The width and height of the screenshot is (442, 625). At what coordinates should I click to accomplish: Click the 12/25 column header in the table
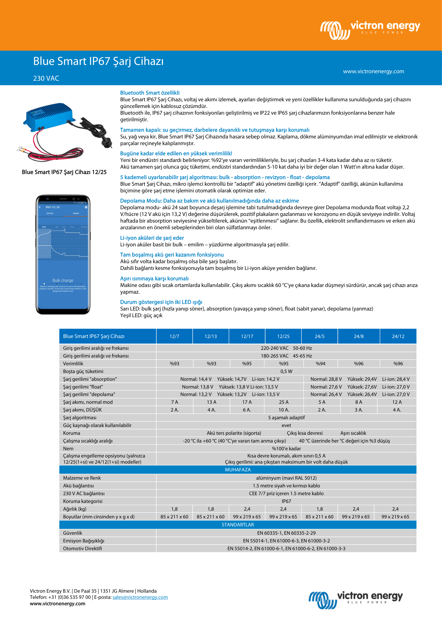pyautogui.click(x=283, y=336)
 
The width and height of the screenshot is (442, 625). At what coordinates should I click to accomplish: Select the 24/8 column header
pyautogui.click(x=358, y=336)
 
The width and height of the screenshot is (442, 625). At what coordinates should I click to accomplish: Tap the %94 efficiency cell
pyautogui.click(x=320, y=363)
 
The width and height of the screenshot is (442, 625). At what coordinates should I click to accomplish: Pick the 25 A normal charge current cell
pyautogui.click(x=283, y=402)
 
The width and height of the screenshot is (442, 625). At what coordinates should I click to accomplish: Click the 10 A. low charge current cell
pyautogui.click(x=283, y=410)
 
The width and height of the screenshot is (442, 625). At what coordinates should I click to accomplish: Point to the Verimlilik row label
pyautogui.click(x=73, y=363)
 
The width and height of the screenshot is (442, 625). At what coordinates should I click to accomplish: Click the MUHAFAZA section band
pyautogui.click(x=238, y=469)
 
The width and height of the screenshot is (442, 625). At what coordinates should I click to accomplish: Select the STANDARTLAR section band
pyautogui.click(x=238, y=525)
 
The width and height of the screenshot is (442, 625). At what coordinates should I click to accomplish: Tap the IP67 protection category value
pyautogui.click(x=286, y=501)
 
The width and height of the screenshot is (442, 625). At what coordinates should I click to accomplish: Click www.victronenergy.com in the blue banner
pyautogui.click(x=373, y=71)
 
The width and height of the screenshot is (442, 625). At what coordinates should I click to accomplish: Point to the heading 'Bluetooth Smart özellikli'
pyautogui.click(x=150, y=93)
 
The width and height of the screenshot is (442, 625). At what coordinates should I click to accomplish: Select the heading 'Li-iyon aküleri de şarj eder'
pyautogui.click(x=152, y=238)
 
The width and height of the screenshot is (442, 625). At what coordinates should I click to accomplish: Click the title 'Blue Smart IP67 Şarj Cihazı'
pyautogui.click(x=98, y=61)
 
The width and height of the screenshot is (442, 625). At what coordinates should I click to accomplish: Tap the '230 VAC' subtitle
pyautogui.click(x=46, y=78)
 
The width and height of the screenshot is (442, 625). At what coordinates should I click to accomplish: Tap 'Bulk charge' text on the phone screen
pyautogui.click(x=63, y=280)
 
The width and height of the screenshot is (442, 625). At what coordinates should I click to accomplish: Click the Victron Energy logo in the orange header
pyautogui.click(x=370, y=29)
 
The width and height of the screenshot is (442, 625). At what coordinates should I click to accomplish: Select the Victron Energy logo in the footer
pyautogui.click(x=355, y=600)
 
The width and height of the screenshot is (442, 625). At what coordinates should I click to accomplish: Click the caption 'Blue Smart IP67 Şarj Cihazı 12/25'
pyautogui.click(x=64, y=172)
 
